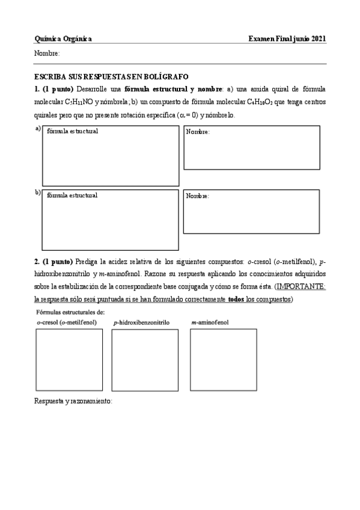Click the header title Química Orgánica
(63, 38)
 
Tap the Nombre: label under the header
(47, 54)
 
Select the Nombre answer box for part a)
(251, 147)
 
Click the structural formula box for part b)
(110, 220)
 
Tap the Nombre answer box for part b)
(251, 212)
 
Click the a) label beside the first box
(38, 129)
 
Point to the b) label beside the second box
(38, 192)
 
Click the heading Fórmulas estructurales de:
(70, 312)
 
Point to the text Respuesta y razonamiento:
(73, 401)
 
